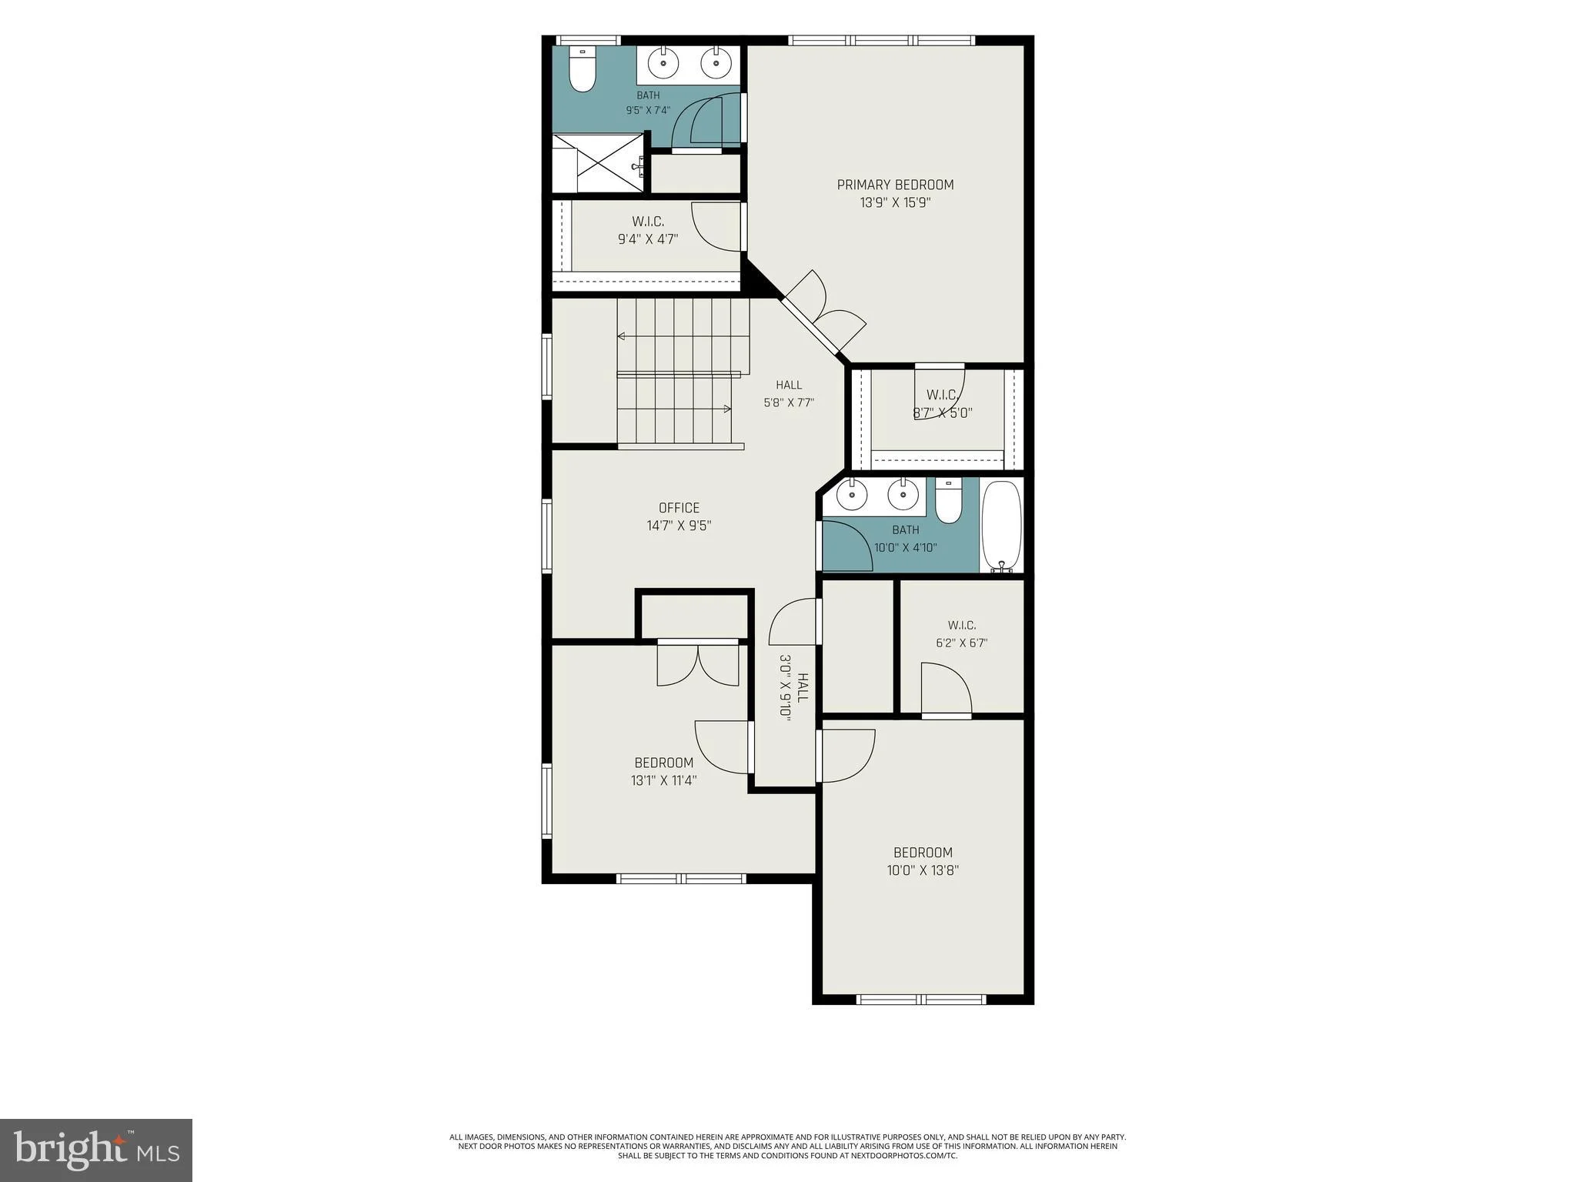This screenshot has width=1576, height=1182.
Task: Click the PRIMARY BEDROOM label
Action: (895, 185)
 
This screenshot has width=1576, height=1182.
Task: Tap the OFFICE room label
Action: (679, 508)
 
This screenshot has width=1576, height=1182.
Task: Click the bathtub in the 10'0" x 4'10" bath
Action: (1001, 527)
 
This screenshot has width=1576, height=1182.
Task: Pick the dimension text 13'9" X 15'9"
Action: (895, 203)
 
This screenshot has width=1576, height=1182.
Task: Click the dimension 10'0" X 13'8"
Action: (923, 870)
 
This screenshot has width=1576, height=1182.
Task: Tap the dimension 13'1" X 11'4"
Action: (663, 780)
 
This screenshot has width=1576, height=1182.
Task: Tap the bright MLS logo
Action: (96, 1150)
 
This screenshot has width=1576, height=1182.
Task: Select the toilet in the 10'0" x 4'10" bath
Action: (949, 500)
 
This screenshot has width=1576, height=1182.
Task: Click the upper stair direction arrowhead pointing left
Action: (621, 336)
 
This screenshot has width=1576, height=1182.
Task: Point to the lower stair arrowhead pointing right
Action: (727, 409)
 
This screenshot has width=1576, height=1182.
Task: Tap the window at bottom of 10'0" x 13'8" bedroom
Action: (921, 1000)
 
